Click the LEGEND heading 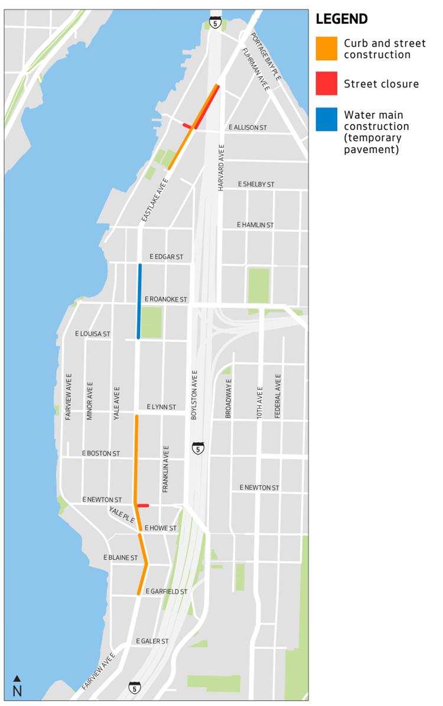coord(341,19)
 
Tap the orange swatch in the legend coord(327,49)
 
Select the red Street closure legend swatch coord(327,83)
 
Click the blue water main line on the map coord(139,301)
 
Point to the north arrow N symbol coord(17,687)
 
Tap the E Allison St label coord(248,128)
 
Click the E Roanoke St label coord(165,300)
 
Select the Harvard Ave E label coord(221,167)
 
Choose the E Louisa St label coord(93,334)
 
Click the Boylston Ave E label coord(194,395)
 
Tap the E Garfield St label coord(167,591)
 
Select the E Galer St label coord(152,641)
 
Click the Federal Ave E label coord(278,396)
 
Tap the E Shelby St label coord(256,184)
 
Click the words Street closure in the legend coord(381,84)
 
